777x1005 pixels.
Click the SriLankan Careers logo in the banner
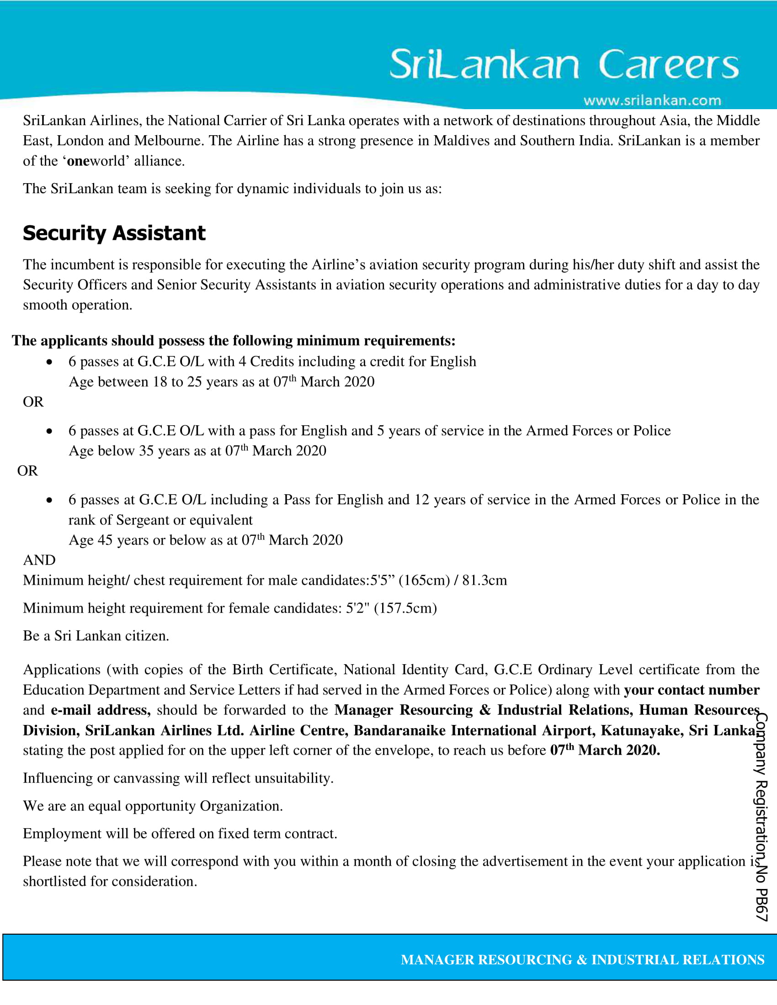point(564,64)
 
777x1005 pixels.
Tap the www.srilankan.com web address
point(652,101)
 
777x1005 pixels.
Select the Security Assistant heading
point(114,233)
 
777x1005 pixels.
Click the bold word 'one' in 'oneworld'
point(78,161)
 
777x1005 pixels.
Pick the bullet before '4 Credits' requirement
point(49,362)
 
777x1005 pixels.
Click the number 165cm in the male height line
point(424,580)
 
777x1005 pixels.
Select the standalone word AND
point(39,560)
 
